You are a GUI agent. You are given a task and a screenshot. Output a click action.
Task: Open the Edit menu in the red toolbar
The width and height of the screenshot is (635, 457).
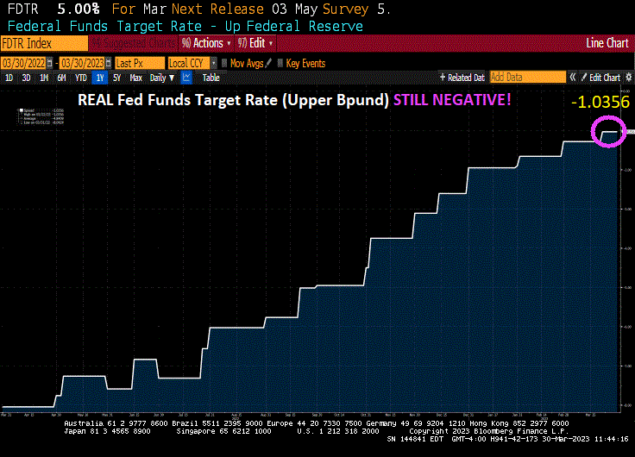258,42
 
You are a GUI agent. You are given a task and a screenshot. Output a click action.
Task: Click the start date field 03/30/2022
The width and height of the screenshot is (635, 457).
22,63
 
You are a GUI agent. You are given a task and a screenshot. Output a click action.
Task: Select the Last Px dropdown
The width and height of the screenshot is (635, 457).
139,63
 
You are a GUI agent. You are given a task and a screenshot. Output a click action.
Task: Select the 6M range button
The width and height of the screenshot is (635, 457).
61,78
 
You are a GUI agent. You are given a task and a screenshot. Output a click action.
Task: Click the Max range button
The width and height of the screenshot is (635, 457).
135,78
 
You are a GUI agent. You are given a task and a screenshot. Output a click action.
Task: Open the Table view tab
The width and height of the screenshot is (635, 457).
211,78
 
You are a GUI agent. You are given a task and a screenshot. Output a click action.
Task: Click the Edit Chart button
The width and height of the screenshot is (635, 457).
603,78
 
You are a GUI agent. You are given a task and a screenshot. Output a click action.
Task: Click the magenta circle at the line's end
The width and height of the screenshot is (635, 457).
609,132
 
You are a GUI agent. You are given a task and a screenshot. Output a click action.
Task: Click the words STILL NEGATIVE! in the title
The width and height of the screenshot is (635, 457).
452,99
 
